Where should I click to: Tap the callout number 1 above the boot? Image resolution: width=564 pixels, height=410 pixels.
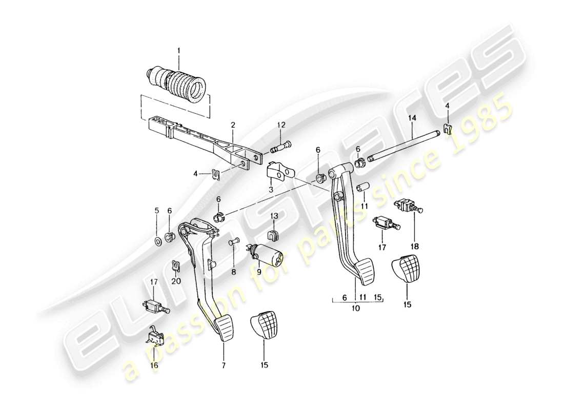tap(179, 51)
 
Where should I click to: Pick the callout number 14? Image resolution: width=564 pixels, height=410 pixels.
tap(411, 118)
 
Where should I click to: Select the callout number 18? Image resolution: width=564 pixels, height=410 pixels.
tap(414, 247)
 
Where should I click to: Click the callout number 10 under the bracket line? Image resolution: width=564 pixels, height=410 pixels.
tap(356, 309)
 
